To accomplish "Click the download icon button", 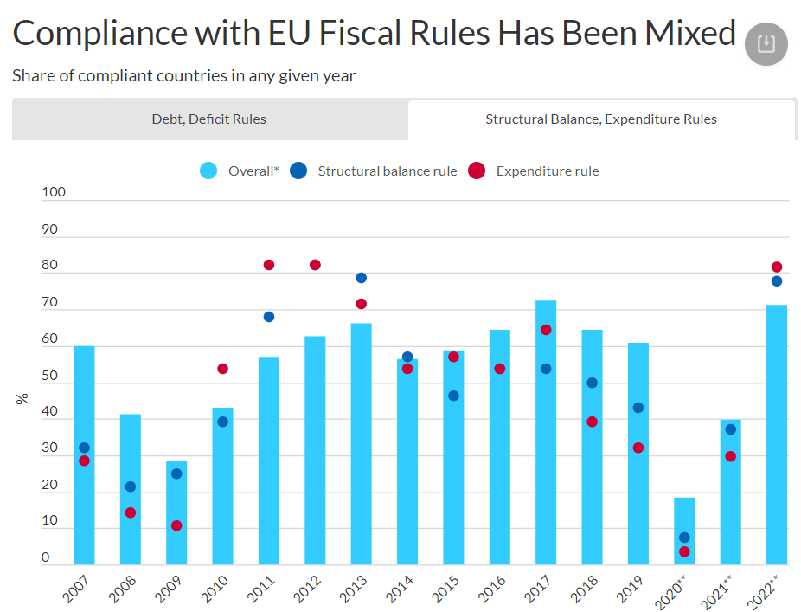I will (766, 44).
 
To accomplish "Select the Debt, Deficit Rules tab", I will (209, 119).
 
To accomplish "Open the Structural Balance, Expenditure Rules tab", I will (601, 119).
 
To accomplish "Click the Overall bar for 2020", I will (684, 530).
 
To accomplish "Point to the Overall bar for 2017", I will (546, 433).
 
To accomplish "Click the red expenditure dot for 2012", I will (315, 265).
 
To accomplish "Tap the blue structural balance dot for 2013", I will (361, 278).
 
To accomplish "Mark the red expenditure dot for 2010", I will (222, 369).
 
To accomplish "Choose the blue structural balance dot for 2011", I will (269, 317).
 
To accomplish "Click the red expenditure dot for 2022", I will (777, 267).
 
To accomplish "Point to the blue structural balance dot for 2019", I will (638, 408).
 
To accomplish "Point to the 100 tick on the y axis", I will (54, 192).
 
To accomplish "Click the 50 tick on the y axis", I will (49, 376).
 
